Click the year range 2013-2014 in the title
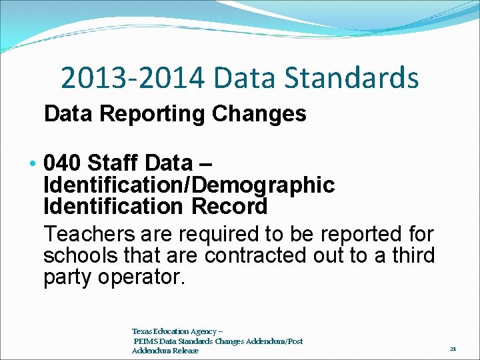pyautogui.click(x=133, y=77)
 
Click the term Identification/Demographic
pyautogui.click(x=189, y=185)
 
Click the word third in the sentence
pyautogui.click(x=409, y=256)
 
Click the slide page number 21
pyautogui.click(x=453, y=348)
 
